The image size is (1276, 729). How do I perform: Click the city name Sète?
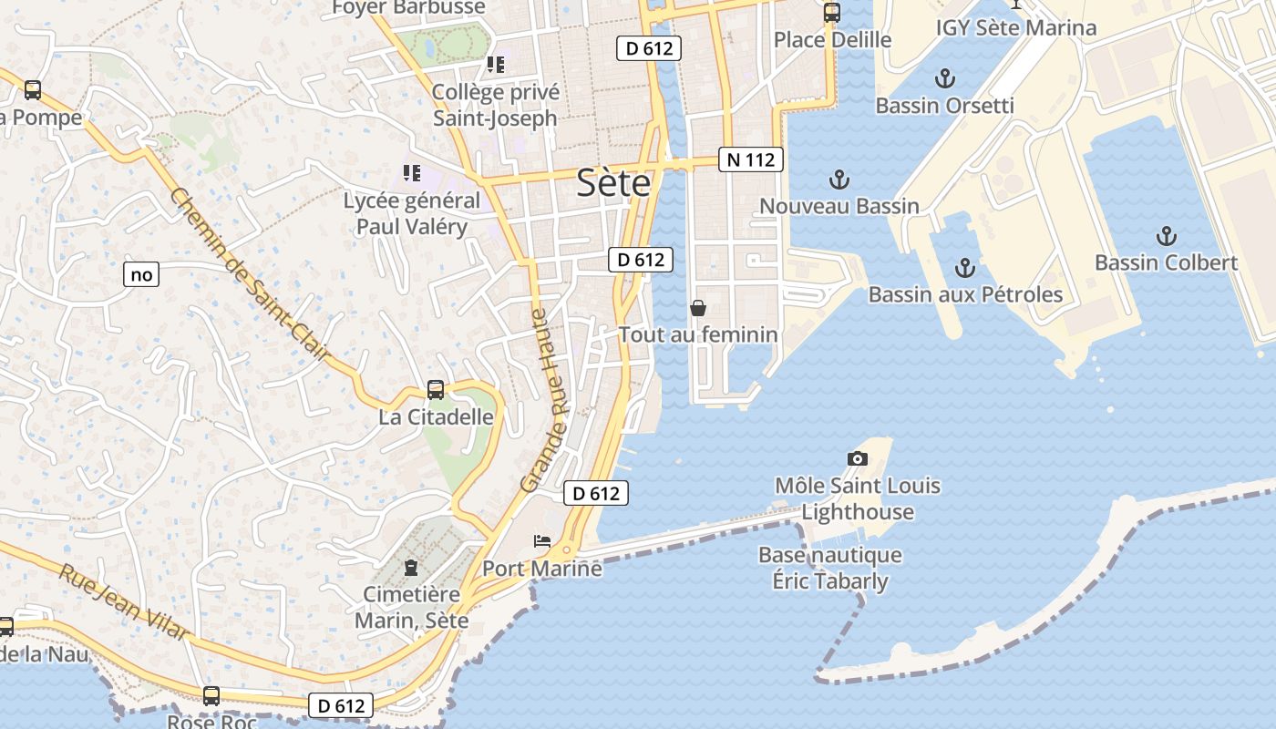[613, 183]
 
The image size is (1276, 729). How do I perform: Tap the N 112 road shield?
[751, 159]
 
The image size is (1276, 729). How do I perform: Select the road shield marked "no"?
[141, 274]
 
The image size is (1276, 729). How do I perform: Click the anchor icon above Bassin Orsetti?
[945, 77]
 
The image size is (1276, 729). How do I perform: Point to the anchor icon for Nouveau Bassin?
[839, 179]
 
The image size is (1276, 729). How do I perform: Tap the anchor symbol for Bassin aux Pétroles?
[964, 268]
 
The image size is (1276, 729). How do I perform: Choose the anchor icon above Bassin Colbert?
[1166, 237]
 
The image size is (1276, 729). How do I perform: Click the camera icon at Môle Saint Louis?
[857, 458]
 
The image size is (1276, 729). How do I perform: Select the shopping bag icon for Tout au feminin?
[698, 308]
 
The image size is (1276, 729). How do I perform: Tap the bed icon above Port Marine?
[542, 541]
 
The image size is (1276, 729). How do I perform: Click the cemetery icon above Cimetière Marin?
[411, 568]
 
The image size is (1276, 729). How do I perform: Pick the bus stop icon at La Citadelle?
[436, 390]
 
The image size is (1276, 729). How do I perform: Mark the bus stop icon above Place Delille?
[831, 13]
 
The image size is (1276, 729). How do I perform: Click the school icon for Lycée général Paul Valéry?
[412, 172]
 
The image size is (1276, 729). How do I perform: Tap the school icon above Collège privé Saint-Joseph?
[495, 65]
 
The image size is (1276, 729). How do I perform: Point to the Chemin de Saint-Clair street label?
[248, 272]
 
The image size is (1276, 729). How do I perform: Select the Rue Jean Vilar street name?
[125, 602]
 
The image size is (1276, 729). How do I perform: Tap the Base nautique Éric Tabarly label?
[829, 568]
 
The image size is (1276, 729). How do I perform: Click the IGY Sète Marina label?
[1015, 27]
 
